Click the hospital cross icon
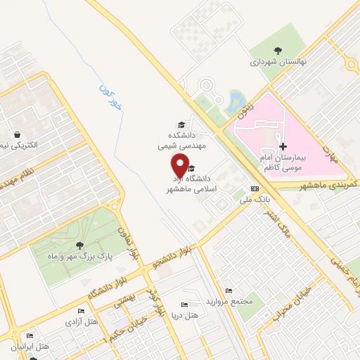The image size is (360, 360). click(283, 147)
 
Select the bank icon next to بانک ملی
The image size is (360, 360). click(255, 189)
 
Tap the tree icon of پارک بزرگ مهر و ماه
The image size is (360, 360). click(79, 245)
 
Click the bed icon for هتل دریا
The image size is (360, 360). click(184, 304)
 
